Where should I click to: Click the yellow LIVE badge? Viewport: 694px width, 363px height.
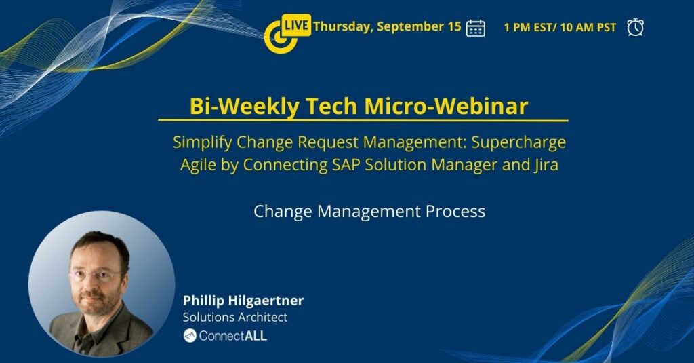point(296,25)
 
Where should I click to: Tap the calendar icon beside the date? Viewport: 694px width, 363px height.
point(475,28)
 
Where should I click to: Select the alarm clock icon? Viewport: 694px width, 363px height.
point(635,27)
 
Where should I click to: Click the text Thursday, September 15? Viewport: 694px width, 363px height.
point(387,26)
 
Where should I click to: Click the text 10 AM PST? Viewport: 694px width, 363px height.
point(588,28)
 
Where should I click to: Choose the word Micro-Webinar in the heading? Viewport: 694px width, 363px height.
point(446,107)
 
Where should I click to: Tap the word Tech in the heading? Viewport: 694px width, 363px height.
point(331,107)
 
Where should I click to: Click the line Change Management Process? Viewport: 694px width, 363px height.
point(369,212)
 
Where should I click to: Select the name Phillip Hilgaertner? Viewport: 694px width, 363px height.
point(243,301)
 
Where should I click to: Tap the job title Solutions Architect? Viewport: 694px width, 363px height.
point(235,318)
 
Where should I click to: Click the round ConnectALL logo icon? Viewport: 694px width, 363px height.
point(190,336)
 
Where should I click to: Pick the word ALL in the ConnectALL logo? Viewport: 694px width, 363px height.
point(256,336)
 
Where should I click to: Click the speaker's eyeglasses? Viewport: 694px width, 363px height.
point(95,274)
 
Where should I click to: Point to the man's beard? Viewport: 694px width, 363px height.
point(95,303)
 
